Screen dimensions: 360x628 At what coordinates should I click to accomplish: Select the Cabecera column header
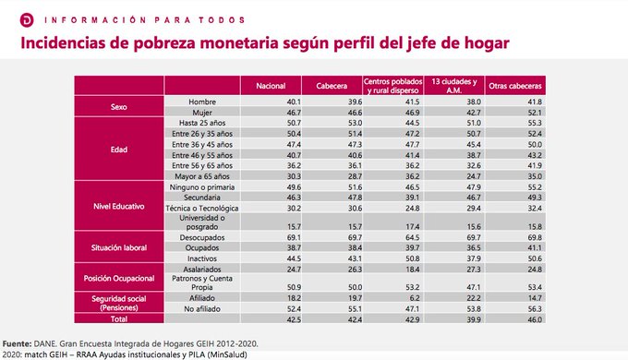pyautogui.click(x=332, y=84)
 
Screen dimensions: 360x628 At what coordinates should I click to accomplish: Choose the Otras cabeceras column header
pyautogui.click(x=515, y=84)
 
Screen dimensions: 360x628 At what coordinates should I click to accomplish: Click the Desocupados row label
pyautogui.click(x=201, y=237)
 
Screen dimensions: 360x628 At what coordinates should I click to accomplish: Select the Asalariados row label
pyautogui.click(x=201, y=269)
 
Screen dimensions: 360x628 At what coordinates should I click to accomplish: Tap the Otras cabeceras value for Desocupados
pyautogui.click(x=534, y=237)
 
